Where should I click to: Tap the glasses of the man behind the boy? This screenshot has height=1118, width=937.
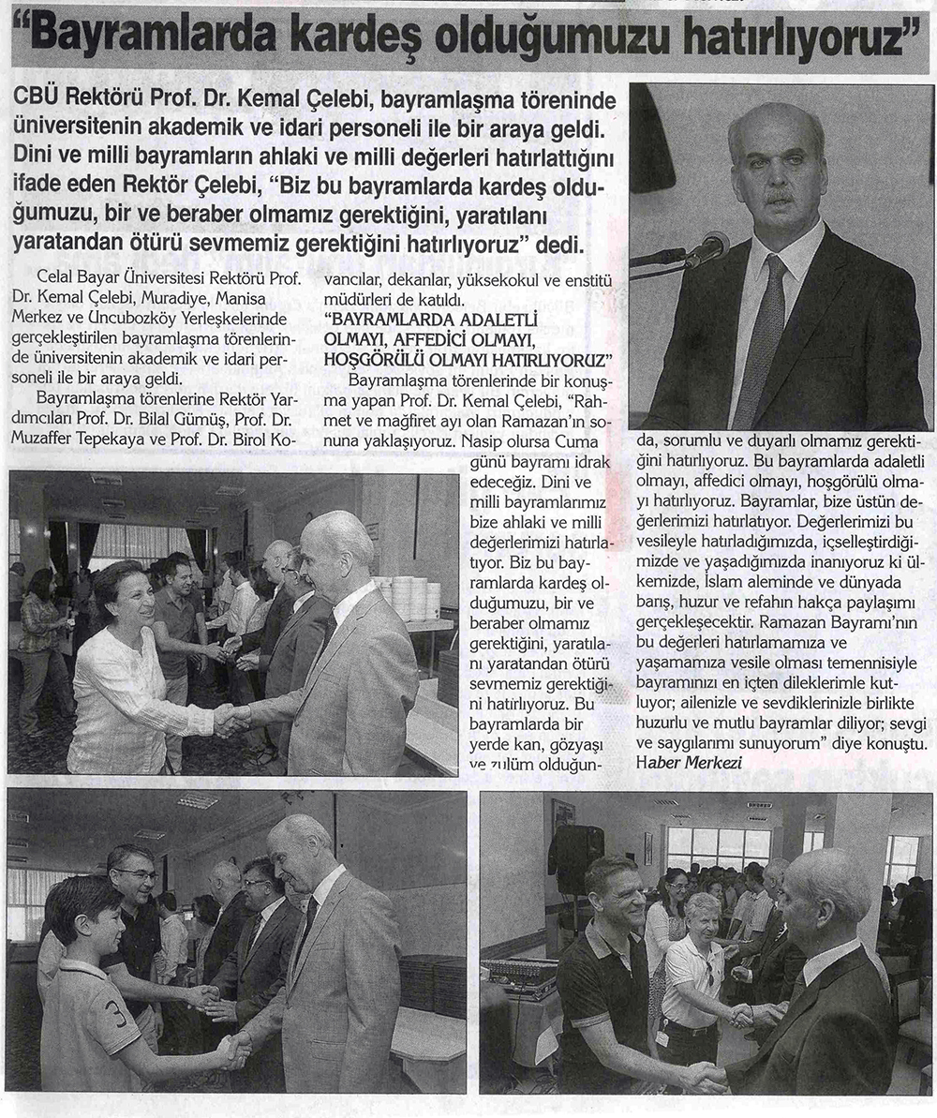pos(136,874)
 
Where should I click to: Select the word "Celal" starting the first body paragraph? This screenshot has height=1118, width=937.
pos(53,278)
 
